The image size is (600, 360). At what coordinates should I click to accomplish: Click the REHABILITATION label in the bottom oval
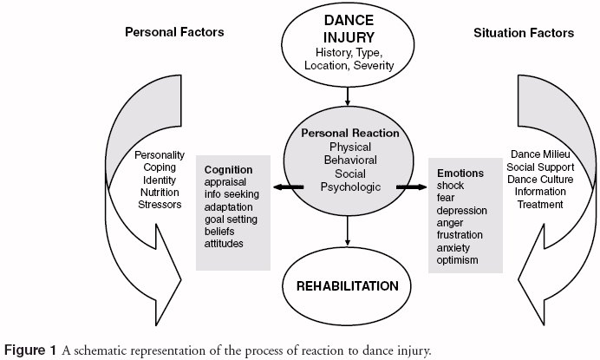(x=348, y=286)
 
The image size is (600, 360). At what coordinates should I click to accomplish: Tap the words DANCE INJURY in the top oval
(x=349, y=29)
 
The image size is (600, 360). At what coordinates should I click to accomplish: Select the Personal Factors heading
(x=174, y=32)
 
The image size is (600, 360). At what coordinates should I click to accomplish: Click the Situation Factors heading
(x=524, y=33)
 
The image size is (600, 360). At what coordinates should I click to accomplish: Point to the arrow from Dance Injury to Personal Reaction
(x=348, y=96)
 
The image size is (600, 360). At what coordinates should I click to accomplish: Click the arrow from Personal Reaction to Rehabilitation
(x=348, y=231)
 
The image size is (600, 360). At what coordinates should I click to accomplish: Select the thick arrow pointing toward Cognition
(x=288, y=187)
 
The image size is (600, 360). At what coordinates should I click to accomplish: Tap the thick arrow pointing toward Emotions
(x=411, y=187)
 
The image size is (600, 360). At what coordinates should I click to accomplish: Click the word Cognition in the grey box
(x=228, y=170)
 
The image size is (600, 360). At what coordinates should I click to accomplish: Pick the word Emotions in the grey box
(x=460, y=173)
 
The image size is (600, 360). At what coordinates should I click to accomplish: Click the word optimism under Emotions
(x=457, y=260)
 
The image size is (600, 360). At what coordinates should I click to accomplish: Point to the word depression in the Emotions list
(x=462, y=211)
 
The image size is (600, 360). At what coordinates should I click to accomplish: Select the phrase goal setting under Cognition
(x=231, y=219)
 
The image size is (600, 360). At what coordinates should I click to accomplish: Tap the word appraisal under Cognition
(x=225, y=182)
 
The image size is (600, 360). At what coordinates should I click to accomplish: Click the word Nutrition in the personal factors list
(x=160, y=193)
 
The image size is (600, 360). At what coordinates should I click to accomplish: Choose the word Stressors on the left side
(x=160, y=205)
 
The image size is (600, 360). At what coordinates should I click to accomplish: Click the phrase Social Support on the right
(x=540, y=167)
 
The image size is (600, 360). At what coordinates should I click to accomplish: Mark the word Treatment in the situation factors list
(x=540, y=205)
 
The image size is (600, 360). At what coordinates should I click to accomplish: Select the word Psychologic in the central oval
(x=350, y=187)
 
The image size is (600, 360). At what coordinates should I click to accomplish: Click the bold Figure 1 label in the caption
(x=30, y=350)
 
